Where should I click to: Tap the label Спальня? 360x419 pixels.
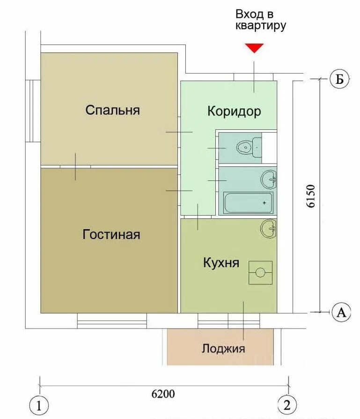click(x=113, y=110)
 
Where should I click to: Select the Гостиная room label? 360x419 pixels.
click(x=111, y=234)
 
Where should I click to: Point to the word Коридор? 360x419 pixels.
click(x=234, y=111)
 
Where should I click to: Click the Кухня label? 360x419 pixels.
click(x=221, y=262)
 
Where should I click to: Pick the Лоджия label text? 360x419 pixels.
click(x=223, y=349)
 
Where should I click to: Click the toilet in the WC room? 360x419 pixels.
click(x=249, y=147)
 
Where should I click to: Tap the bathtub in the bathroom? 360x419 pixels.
click(x=248, y=202)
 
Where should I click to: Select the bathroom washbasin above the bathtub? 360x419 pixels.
click(x=269, y=180)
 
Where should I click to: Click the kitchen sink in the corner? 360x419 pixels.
click(x=268, y=228)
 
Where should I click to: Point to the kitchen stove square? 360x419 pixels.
click(x=260, y=273)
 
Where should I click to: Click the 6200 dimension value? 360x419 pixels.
click(x=163, y=394)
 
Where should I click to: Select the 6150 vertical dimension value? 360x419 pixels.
click(x=311, y=196)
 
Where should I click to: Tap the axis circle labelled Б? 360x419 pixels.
click(x=339, y=79)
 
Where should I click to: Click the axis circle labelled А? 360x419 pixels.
click(x=341, y=312)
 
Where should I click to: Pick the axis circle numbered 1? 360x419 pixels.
click(x=39, y=405)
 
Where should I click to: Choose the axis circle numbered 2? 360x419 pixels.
click(x=287, y=405)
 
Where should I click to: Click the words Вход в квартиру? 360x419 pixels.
click(x=260, y=20)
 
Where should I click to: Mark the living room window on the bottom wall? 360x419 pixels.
click(x=112, y=321)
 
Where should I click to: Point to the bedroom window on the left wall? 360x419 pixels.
click(x=33, y=111)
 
